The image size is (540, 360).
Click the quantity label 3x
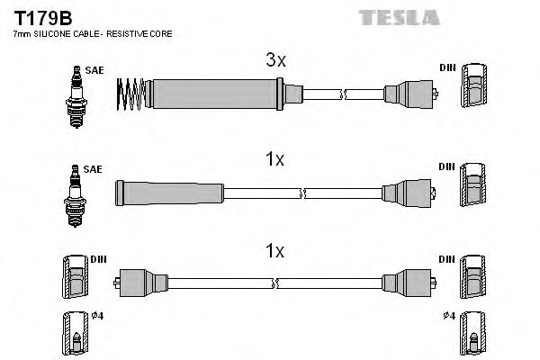tap(275, 61)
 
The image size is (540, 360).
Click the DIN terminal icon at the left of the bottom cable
tap(75, 278)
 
